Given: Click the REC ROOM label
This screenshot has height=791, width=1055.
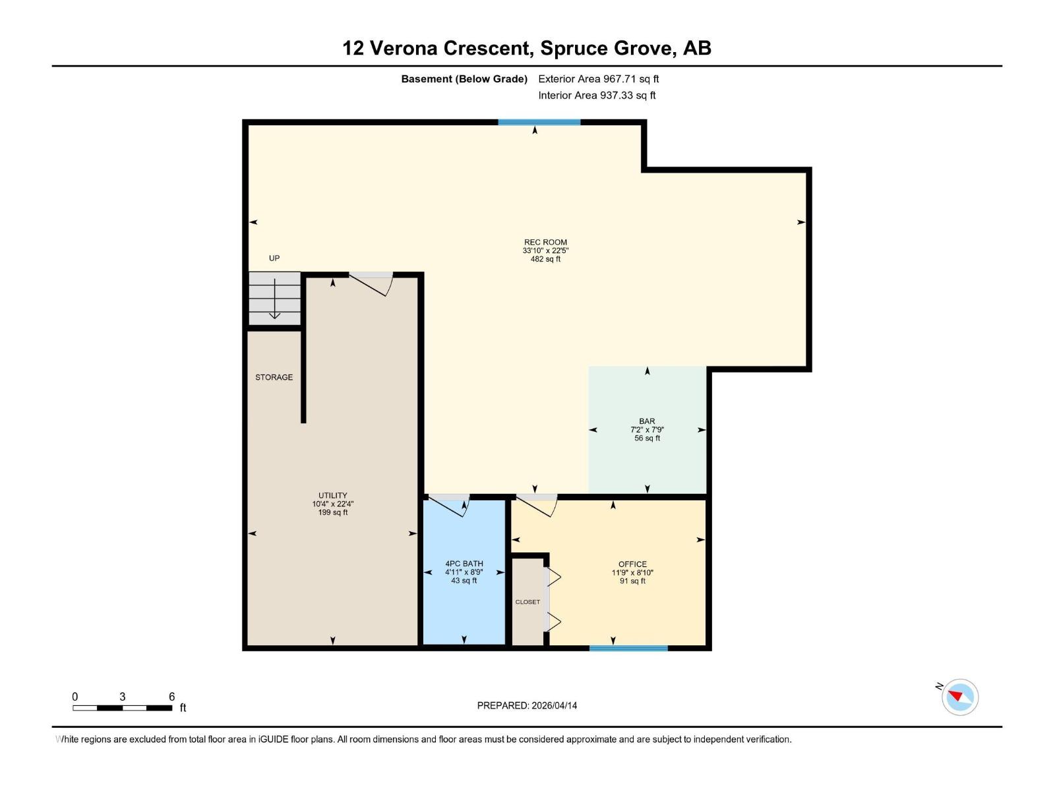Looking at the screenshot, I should tap(545, 243).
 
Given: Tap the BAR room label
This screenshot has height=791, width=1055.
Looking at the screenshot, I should tap(647, 421).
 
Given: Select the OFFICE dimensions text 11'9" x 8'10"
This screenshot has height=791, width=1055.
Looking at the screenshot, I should tap(632, 573).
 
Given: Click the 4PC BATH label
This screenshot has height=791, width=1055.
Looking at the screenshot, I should tap(464, 564).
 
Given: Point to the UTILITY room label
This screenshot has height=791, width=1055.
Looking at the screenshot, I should tap(333, 496).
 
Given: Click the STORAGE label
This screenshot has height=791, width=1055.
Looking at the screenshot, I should tap(274, 377).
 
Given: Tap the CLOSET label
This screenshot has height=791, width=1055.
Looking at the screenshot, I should tap(527, 602).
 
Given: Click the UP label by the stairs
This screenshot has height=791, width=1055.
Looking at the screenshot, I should tap(274, 258).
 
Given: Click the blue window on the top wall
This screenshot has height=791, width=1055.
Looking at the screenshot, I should tap(539, 123).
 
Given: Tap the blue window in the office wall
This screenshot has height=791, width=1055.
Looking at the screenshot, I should tap(628, 649).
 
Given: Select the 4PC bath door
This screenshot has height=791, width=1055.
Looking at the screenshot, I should tap(450, 506).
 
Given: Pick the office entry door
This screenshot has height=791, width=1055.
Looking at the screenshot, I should tap(537, 506).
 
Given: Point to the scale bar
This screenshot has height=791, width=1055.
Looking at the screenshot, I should tap(123, 708).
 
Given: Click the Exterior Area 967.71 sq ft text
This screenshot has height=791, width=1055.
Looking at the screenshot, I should tap(599, 79).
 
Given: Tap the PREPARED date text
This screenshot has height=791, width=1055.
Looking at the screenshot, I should tap(527, 705).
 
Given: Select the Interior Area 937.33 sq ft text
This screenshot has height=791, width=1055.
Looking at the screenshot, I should tap(597, 96).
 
